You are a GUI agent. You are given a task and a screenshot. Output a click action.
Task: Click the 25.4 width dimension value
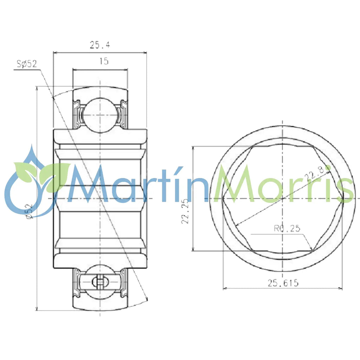point(100,45)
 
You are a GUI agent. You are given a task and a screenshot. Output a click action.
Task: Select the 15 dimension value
point(104,62)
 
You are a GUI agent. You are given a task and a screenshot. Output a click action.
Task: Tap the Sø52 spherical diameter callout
point(27,64)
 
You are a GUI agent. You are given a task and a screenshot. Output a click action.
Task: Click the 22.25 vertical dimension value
point(186,211)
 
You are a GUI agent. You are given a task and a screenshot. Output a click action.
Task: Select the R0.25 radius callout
point(287,229)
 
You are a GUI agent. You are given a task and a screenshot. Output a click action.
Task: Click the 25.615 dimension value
point(283,283)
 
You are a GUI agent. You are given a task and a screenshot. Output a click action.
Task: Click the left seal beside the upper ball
point(77,114)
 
